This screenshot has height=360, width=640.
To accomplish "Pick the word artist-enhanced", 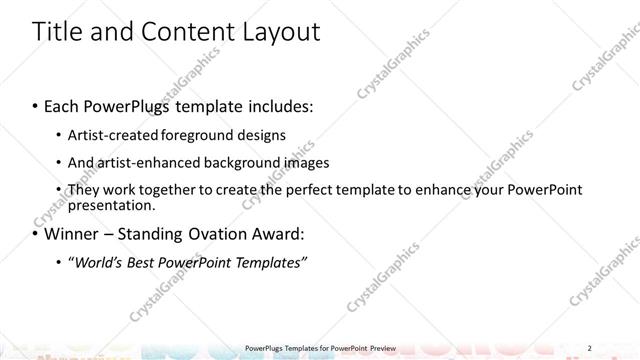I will tap(143, 162).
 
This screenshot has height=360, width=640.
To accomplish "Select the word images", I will tap(302, 162).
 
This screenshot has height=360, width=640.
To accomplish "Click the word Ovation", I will tap(217, 235).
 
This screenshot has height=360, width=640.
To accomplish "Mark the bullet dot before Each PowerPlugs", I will tap(36, 104).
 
